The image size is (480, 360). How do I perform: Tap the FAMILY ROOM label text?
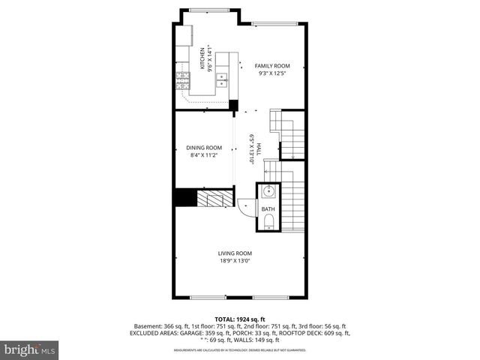272,66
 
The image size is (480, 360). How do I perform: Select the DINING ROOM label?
205,148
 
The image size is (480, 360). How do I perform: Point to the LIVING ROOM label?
235,253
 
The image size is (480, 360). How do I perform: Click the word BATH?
268,209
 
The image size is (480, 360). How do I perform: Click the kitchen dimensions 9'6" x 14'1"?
211,59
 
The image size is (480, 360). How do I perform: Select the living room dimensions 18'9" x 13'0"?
235,261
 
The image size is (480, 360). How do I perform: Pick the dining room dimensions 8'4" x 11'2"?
205,155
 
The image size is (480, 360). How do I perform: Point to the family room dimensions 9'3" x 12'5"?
272,73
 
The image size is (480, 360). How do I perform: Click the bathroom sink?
268,192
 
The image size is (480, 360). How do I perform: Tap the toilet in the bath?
268,221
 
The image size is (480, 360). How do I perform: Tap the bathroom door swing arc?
244,205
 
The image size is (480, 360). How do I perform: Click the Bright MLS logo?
30,349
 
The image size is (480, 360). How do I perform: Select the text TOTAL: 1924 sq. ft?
240,319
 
